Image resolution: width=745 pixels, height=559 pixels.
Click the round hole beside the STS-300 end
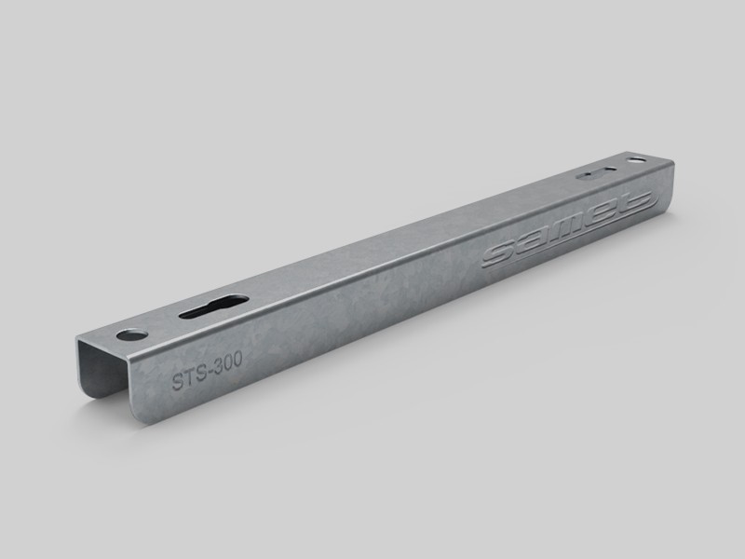pyautogui.click(x=132, y=334)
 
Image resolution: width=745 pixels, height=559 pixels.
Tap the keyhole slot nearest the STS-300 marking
pyautogui.click(x=214, y=307)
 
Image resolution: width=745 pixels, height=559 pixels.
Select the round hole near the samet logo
pyautogui.click(x=636, y=160)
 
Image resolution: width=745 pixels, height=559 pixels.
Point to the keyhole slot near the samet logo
pyautogui.click(x=596, y=173)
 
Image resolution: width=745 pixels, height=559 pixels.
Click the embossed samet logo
pyautogui.click(x=569, y=229)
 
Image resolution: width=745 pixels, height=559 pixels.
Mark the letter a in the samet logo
pyautogui.click(x=531, y=243)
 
